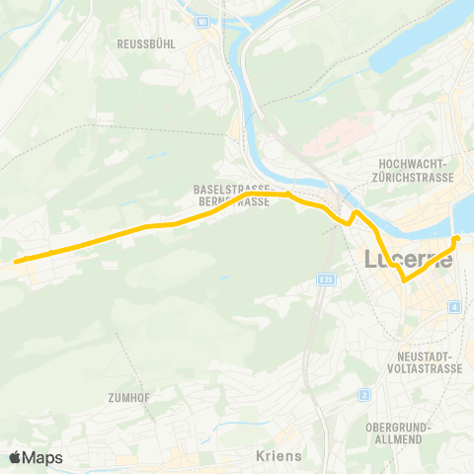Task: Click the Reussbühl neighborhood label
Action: click(x=146, y=44)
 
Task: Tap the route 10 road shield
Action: click(x=202, y=22)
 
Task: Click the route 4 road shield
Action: click(x=453, y=308)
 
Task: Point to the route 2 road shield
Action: click(x=363, y=395)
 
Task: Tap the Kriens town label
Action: click(x=277, y=456)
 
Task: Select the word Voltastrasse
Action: click(x=421, y=368)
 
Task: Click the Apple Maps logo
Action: click(x=36, y=457)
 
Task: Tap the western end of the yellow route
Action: click(x=16, y=262)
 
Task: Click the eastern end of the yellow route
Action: click(x=456, y=238)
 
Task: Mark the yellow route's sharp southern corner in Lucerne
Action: click(x=404, y=281)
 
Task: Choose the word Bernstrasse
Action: click(x=233, y=200)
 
